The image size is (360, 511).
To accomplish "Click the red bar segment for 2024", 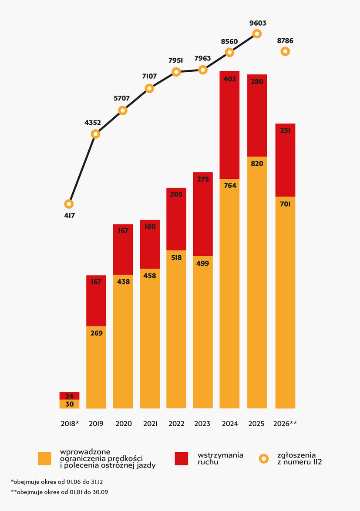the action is pyautogui.click(x=229, y=125).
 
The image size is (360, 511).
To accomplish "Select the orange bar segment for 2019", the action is pyautogui.click(x=96, y=367).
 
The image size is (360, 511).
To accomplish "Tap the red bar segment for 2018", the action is pyautogui.click(x=70, y=396).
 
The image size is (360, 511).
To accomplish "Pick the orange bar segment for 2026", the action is pyautogui.click(x=285, y=302).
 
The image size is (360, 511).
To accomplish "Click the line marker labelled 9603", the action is pyautogui.click(x=257, y=33).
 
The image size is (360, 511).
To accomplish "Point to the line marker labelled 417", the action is pyautogui.click(x=69, y=204).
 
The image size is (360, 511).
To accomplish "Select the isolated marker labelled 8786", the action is pyautogui.click(x=285, y=51).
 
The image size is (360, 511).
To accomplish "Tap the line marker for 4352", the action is pyautogui.click(x=95, y=134).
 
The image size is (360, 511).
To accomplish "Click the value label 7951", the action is pyautogui.click(x=176, y=60).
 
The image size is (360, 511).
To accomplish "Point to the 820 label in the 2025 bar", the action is pyautogui.click(x=257, y=164).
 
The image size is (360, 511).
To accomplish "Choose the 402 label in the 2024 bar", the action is pyautogui.click(x=229, y=79).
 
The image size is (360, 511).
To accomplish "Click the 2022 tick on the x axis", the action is pyautogui.click(x=176, y=424).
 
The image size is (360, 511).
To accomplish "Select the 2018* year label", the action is pyautogui.click(x=70, y=424).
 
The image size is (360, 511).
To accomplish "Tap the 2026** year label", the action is pyautogui.click(x=285, y=424).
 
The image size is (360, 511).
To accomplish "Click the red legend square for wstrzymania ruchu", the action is pyautogui.click(x=182, y=458).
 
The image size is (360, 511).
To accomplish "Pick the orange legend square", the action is pyautogui.click(x=45, y=458).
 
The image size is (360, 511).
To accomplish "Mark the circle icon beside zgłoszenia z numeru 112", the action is pyautogui.click(x=264, y=458).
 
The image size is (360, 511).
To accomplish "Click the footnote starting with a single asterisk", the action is pyautogui.click(x=57, y=482).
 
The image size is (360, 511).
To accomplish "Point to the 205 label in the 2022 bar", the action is pyautogui.click(x=176, y=194).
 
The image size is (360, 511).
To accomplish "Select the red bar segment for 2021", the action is pyautogui.click(x=150, y=244).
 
